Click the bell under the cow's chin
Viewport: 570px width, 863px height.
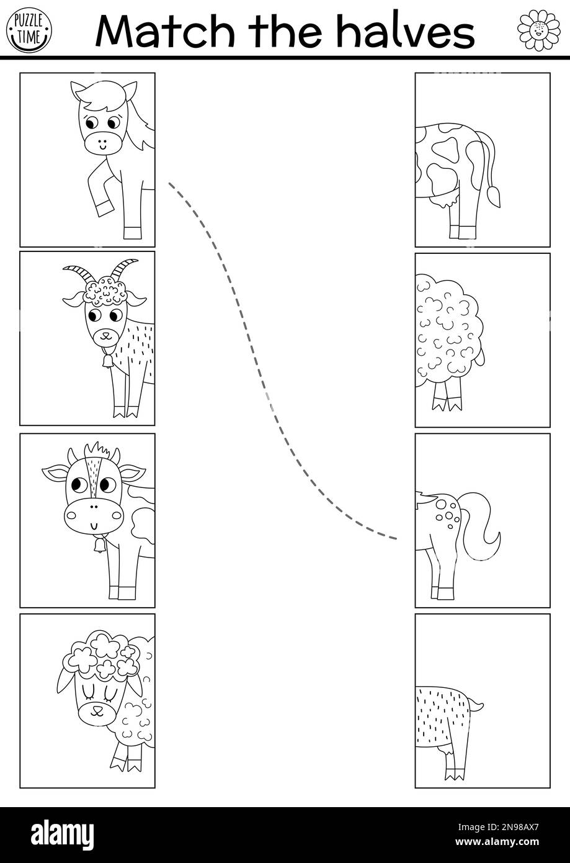coord(97,546)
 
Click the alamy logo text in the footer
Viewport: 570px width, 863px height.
coord(56,834)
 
